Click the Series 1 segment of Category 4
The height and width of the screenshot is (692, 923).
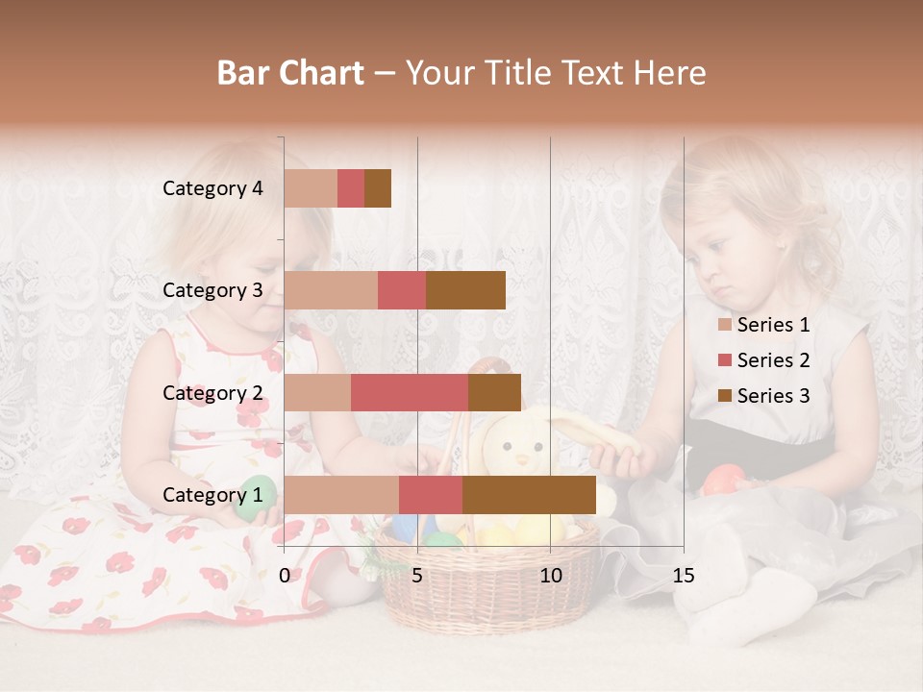point(311,188)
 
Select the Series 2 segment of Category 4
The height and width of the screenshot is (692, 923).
point(351,188)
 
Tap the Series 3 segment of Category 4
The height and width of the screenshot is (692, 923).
point(378,188)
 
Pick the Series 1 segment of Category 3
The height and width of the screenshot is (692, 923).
point(331,290)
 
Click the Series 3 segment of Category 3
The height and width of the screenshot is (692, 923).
point(465,290)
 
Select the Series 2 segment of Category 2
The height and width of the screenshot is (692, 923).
point(410,392)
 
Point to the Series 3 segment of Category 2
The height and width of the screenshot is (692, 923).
point(494,392)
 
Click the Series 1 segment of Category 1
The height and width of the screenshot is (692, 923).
point(341,495)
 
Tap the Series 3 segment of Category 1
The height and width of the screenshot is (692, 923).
point(529,495)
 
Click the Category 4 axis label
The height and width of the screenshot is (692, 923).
point(212,188)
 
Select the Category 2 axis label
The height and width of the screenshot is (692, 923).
point(212,392)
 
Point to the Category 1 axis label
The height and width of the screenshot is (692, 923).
point(212,495)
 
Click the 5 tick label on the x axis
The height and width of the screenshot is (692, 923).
point(417,576)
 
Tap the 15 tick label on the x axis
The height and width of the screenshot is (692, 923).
point(683,576)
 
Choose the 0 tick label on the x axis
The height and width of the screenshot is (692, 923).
point(285,576)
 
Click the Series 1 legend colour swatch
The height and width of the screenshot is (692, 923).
point(724,325)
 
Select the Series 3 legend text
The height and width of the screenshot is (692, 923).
point(773,396)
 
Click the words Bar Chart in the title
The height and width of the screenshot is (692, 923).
point(290,73)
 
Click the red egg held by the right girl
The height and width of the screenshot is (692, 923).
point(724,478)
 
